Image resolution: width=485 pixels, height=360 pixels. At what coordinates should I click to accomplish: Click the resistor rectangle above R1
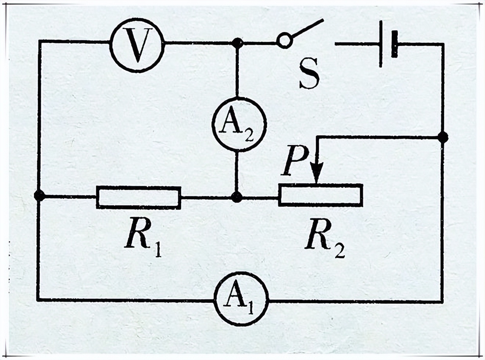pos(139,198)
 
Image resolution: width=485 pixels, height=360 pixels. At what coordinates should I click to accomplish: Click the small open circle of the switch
pos(284,40)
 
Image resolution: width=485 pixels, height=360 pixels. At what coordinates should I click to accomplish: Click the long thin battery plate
pos(381,43)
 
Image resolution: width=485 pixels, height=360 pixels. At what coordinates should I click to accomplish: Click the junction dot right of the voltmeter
pos(238,43)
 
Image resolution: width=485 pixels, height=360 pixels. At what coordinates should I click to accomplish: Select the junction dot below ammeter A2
pos(237,197)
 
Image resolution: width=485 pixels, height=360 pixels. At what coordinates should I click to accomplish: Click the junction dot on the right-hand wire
pos(443,137)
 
